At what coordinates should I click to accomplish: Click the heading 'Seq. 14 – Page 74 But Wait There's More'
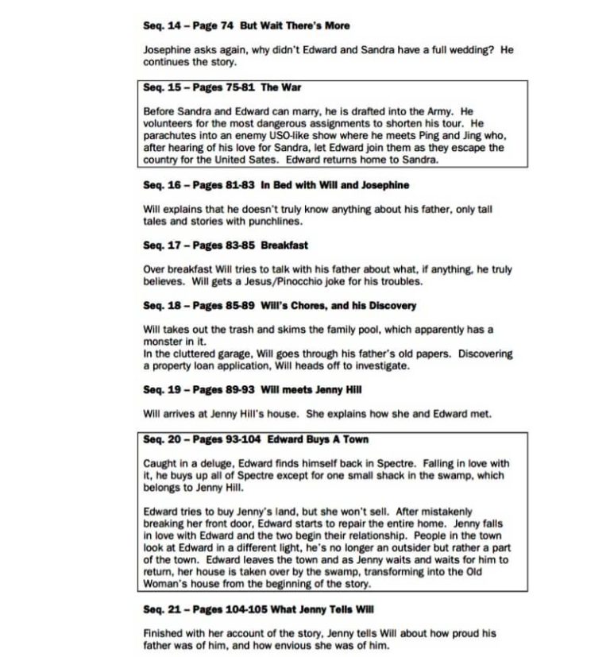coord(246,25)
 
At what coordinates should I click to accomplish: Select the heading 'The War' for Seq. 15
coord(280,87)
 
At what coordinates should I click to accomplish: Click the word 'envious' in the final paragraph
coord(315,645)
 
